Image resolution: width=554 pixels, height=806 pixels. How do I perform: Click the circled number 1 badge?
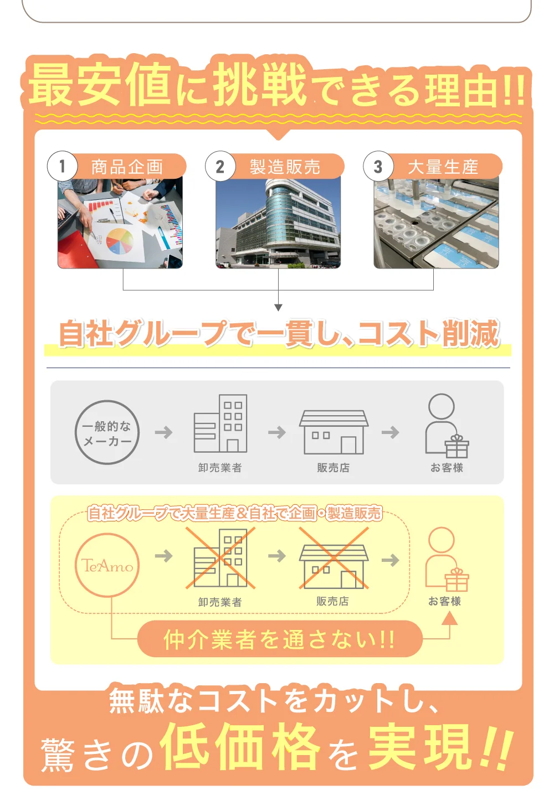click(62, 166)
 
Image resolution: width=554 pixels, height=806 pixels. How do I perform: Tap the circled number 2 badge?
click(220, 166)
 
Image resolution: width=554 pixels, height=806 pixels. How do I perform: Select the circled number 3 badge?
click(378, 166)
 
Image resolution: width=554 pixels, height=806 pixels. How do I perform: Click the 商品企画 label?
click(127, 167)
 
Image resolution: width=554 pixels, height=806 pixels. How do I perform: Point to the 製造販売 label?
click(285, 167)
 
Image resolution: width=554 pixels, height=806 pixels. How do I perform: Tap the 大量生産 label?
click(443, 167)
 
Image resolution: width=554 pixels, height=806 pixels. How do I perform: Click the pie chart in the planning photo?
click(120, 241)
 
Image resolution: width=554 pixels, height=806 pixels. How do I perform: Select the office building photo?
click(278, 224)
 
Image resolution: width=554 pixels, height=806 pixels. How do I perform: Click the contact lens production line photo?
click(436, 224)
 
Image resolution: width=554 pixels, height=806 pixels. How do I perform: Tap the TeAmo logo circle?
click(107, 565)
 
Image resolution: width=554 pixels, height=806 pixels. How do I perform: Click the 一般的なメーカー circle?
click(107, 432)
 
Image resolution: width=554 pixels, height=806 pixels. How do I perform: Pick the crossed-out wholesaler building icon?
click(220, 558)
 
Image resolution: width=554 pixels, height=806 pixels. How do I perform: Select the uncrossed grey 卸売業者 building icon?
click(220, 424)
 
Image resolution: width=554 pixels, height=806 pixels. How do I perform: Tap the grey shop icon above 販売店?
click(334, 432)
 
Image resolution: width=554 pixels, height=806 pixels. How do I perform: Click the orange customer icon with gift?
click(447, 559)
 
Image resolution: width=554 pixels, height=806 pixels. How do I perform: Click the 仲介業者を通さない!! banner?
click(280, 639)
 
